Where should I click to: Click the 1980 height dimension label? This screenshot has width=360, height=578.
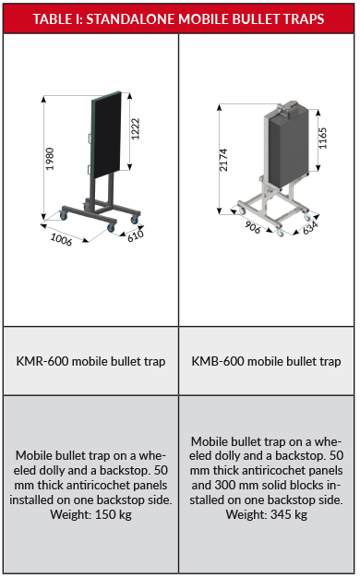(50, 159)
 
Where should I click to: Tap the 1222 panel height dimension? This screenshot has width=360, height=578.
(136, 128)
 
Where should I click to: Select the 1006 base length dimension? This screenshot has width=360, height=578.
(61, 240)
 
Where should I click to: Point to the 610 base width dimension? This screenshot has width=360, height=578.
(136, 235)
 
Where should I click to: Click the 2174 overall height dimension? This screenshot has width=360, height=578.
(223, 160)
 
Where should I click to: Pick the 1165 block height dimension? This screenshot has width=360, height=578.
(322, 138)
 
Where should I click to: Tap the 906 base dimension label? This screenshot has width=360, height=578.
(253, 227)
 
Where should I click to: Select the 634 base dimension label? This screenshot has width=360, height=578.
(310, 227)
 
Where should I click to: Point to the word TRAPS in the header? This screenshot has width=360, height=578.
(305, 19)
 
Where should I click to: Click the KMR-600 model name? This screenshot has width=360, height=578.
(42, 361)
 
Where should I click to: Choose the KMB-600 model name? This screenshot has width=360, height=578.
(218, 361)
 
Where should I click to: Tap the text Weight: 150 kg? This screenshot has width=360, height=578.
(91, 514)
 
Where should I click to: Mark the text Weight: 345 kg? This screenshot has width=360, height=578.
(267, 514)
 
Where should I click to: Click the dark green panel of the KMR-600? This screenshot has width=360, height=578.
(106, 135)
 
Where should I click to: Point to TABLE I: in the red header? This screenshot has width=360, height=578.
(58, 19)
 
